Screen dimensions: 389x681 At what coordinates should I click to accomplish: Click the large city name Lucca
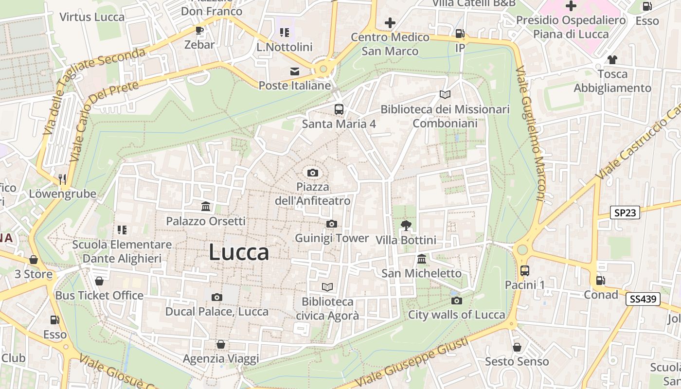(x=239, y=252)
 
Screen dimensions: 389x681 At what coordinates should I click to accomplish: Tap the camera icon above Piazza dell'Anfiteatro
(x=312, y=173)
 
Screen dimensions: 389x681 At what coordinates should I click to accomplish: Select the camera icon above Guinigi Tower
(x=332, y=224)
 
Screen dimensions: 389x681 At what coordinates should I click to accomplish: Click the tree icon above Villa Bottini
(x=406, y=225)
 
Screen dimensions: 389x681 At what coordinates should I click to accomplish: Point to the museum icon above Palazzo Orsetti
(x=206, y=207)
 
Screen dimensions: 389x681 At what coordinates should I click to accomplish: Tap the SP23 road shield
(x=625, y=212)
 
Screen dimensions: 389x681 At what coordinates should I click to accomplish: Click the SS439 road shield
(x=643, y=299)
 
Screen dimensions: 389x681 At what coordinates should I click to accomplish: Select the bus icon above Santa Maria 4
(x=339, y=109)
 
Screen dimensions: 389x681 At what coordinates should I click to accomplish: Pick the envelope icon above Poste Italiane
(x=295, y=71)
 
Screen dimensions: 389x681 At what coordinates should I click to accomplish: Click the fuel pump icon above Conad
(x=601, y=280)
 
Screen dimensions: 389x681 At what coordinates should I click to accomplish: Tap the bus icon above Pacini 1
(x=525, y=270)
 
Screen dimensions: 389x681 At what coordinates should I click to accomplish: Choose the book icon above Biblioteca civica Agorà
(x=327, y=287)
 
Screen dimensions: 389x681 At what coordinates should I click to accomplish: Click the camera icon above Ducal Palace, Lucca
(x=217, y=297)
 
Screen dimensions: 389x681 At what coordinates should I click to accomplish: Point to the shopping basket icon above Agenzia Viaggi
(x=221, y=344)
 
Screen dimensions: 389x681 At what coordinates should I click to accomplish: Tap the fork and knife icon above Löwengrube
(x=62, y=179)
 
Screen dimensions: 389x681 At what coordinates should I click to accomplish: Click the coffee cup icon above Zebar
(x=199, y=30)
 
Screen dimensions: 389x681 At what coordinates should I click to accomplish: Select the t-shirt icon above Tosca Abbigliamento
(x=612, y=60)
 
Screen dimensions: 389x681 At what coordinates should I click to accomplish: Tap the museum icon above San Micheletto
(x=422, y=259)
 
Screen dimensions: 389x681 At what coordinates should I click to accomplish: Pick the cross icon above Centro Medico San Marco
(x=390, y=22)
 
